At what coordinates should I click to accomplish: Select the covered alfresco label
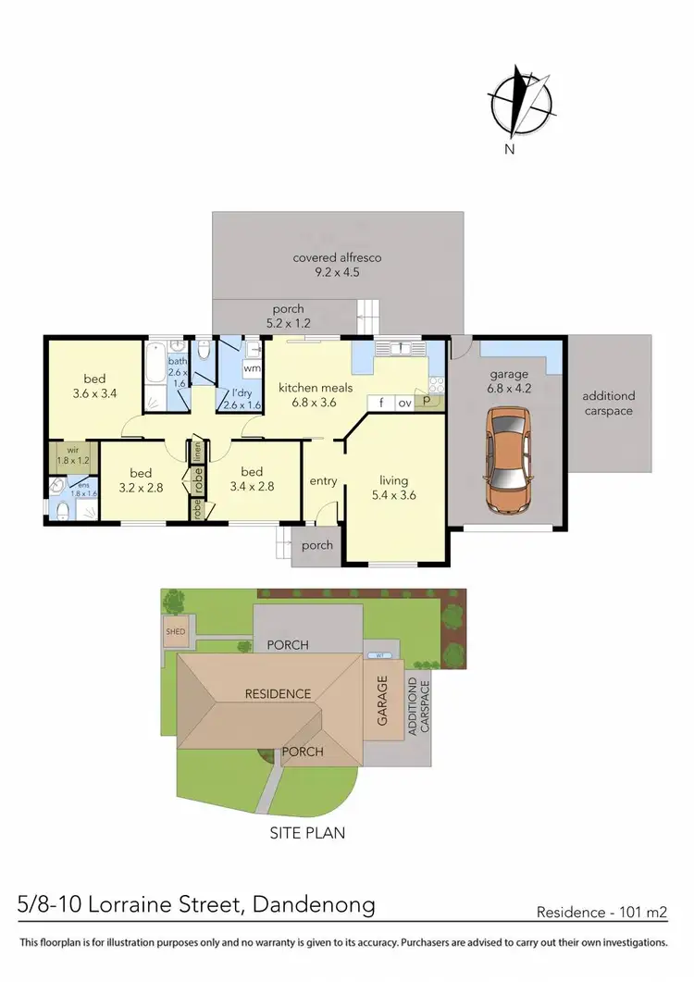coord(337,265)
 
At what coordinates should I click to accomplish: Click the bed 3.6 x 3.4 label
coord(94,385)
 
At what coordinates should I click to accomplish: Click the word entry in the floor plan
coord(323,480)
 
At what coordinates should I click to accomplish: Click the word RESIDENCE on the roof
coord(278,693)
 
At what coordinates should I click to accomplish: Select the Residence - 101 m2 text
coord(601,912)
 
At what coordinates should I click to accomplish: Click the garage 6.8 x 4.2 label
coord(509,381)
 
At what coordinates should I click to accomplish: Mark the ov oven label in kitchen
coord(404,403)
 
